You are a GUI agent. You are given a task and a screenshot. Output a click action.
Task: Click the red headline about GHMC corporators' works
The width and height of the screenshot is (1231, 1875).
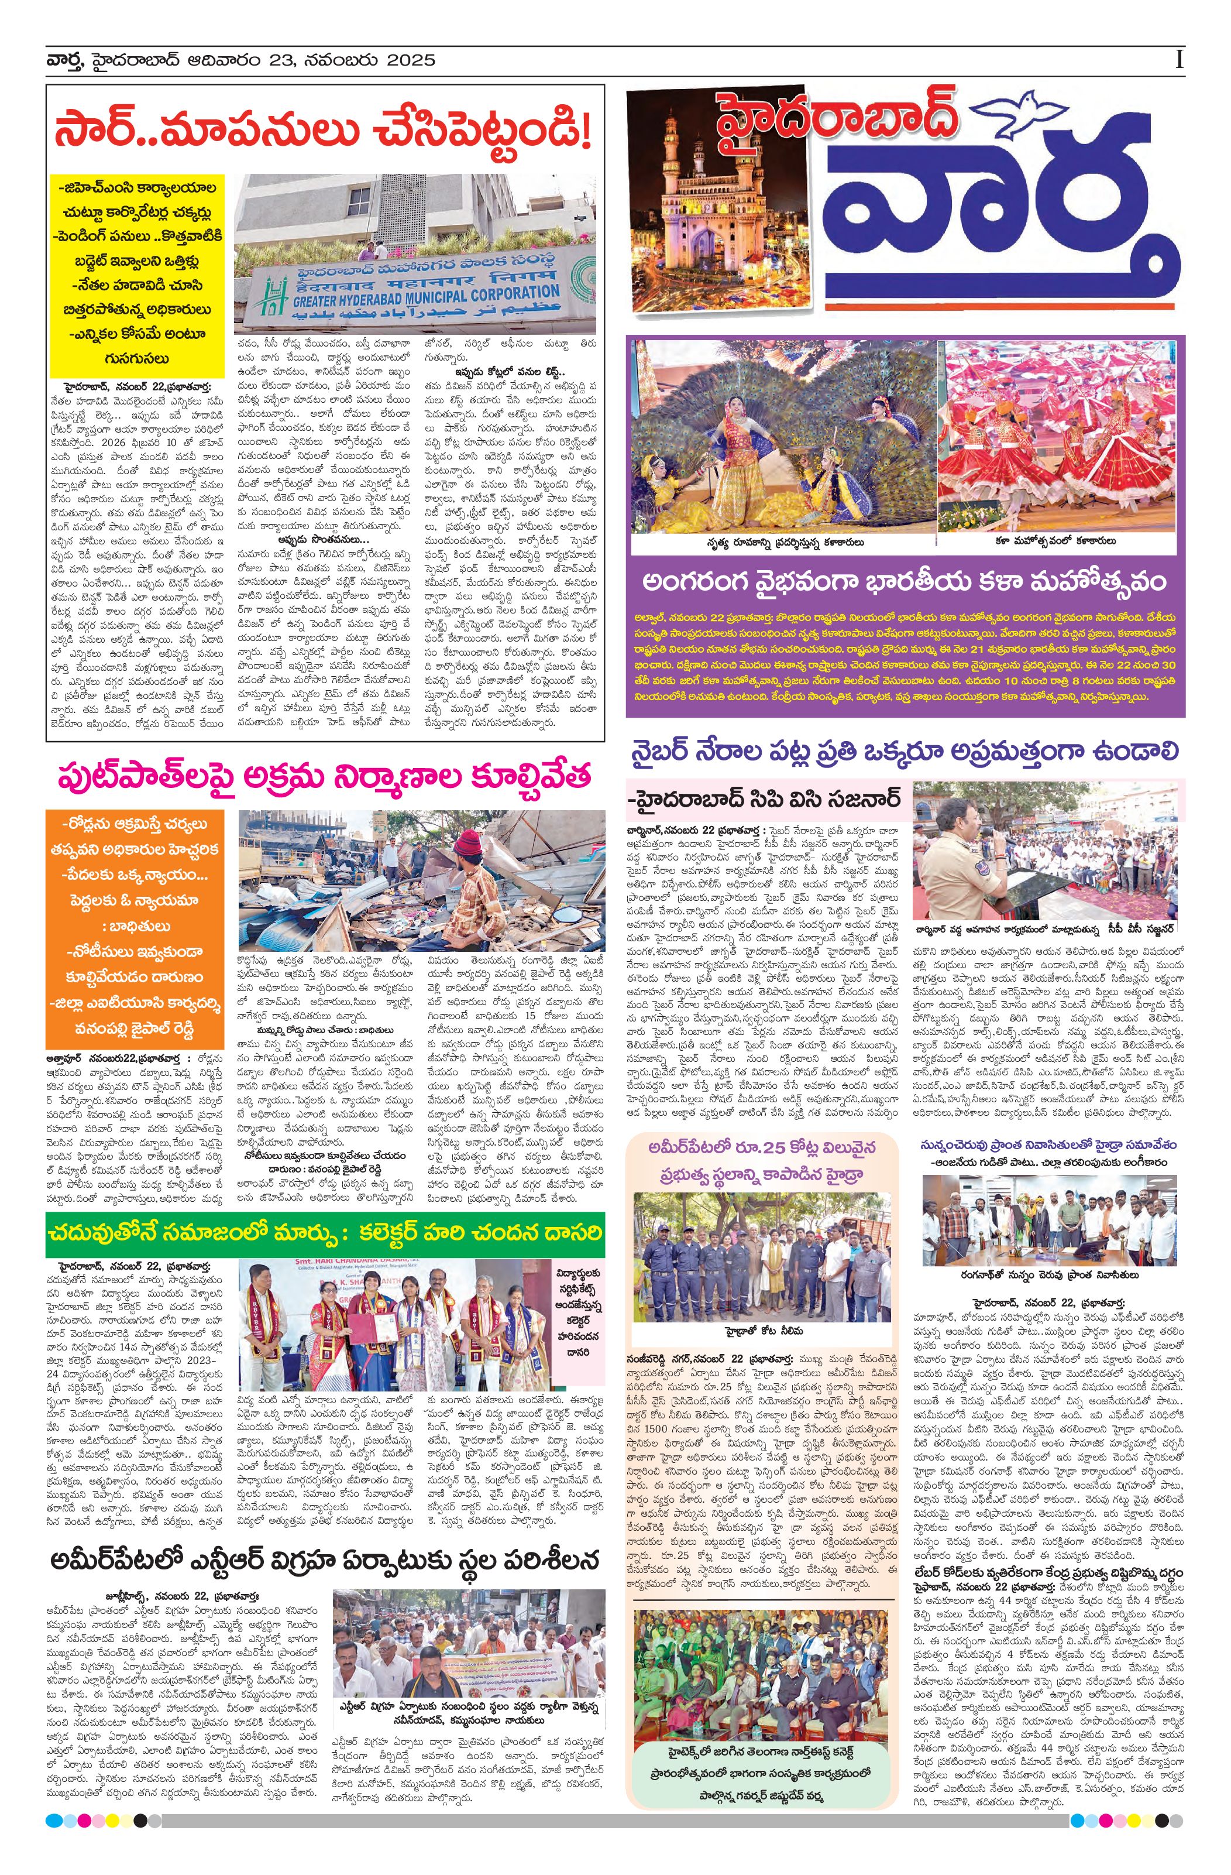(x=324, y=131)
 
